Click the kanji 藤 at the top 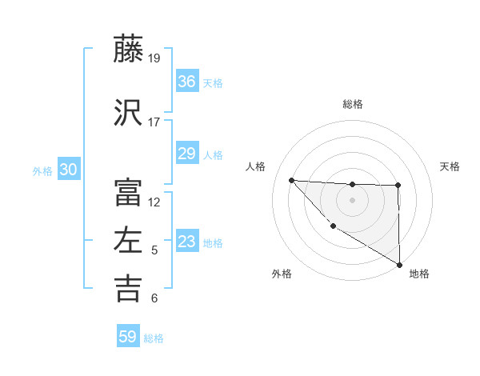pos(128,50)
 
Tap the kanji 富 pos(128,192)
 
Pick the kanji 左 pos(128,240)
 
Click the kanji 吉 pos(128,288)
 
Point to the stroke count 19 pos(154,58)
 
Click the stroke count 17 pos(154,122)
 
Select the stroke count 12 pos(154,202)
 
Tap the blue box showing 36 pos(186,82)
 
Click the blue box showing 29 pos(186,154)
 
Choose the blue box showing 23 pos(186,242)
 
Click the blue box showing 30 pos(68,170)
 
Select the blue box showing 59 pos(128,337)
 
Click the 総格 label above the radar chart pos(352,104)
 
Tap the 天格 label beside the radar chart pos(450,166)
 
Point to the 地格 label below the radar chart pos(419,274)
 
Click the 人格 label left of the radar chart pos(255,166)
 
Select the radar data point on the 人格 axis pos(291,180)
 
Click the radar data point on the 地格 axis pos(399,265)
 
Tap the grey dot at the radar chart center pos(352,200)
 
